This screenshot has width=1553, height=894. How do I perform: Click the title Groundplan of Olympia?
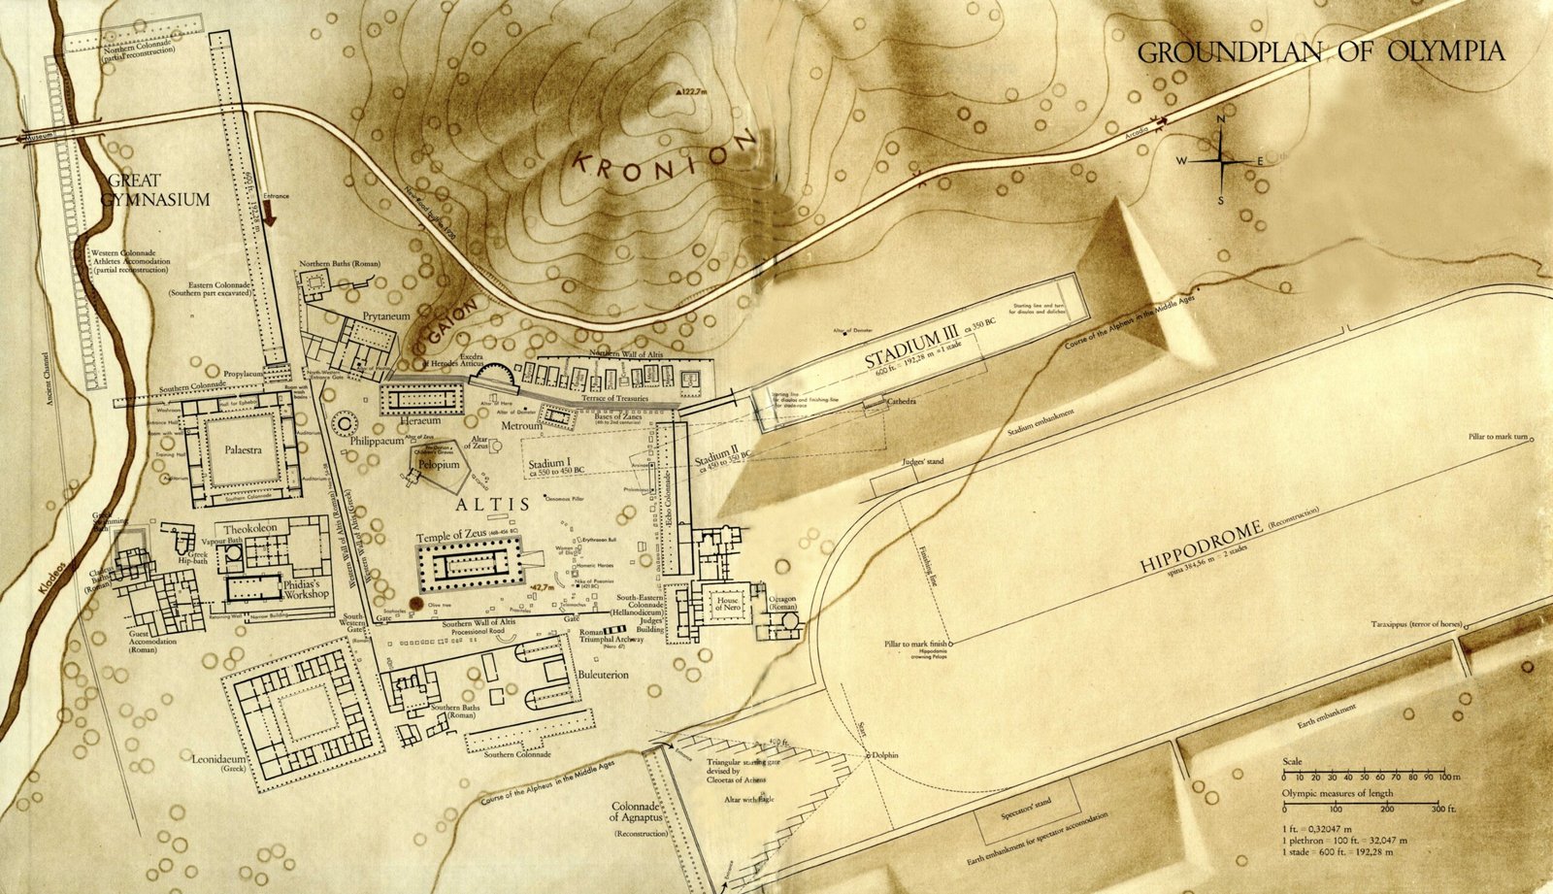pyautogui.click(x=1321, y=52)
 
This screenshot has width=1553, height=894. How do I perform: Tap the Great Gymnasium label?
pyautogui.click(x=157, y=190)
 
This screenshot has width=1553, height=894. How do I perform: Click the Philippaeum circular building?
pyautogui.click(x=344, y=423)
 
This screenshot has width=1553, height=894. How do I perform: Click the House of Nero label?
pyautogui.click(x=728, y=605)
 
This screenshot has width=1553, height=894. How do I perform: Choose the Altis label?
pyautogui.click(x=493, y=504)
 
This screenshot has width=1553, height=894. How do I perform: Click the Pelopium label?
pyautogui.click(x=439, y=466)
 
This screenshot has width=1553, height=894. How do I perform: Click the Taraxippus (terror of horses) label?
pyautogui.click(x=1420, y=624)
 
